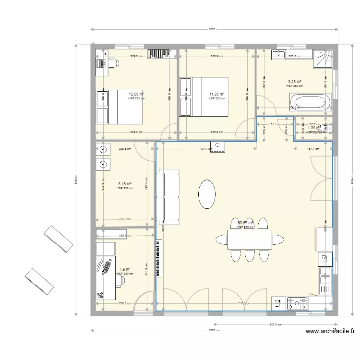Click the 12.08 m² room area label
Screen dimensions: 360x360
click(136, 94)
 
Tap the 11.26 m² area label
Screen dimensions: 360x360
click(217, 94)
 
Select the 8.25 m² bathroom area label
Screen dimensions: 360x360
click(294, 82)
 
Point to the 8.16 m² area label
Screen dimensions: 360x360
click(125, 184)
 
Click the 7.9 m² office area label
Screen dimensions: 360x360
click(125, 270)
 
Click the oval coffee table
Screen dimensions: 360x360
click(207, 194)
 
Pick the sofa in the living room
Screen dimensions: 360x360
click(168, 197)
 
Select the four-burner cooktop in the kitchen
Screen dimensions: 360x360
click(297, 303)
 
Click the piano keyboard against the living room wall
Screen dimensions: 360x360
click(159, 258)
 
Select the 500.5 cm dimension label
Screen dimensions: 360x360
click(275, 324)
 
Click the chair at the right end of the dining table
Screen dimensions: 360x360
click(278, 239)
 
